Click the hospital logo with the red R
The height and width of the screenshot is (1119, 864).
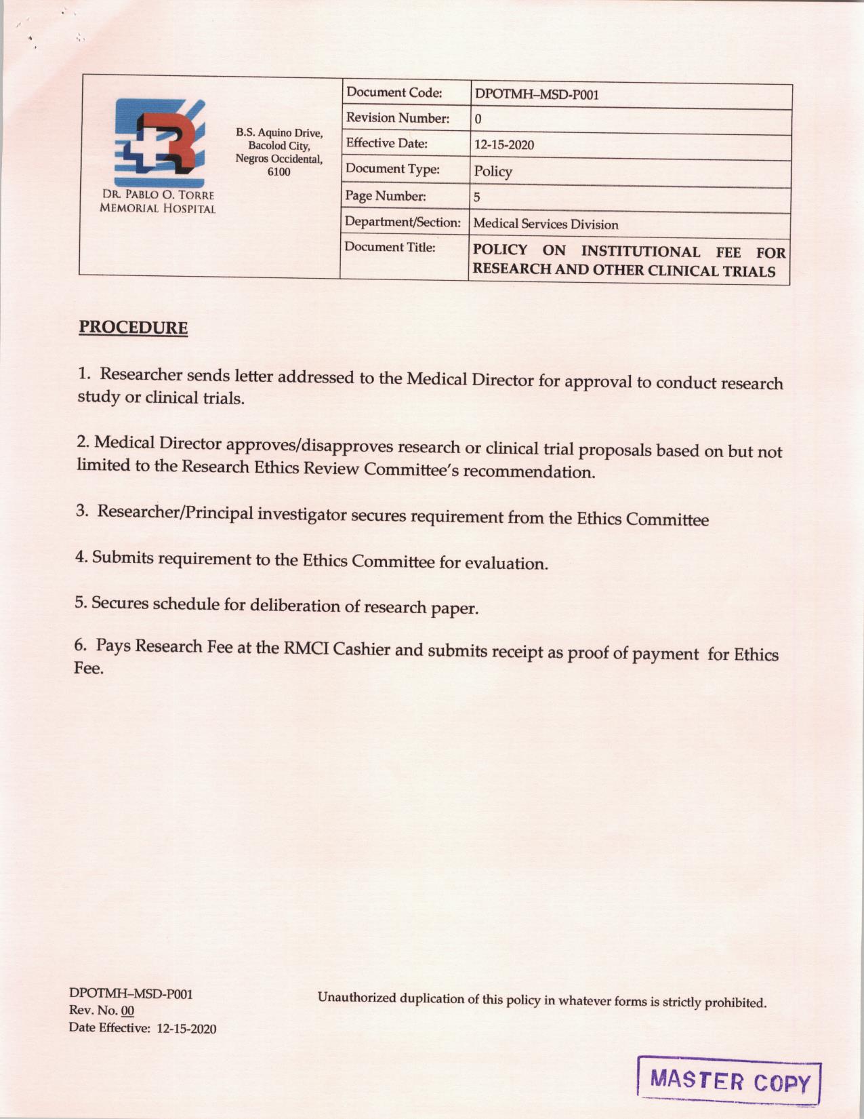(159, 142)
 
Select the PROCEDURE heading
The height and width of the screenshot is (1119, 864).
(133, 328)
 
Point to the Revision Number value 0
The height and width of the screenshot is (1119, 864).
(478, 119)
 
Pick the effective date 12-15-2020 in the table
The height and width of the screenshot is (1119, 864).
(504, 145)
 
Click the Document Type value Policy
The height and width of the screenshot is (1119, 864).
(493, 171)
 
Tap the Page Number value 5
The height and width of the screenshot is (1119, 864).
(477, 197)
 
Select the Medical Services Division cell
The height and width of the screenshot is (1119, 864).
(546, 224)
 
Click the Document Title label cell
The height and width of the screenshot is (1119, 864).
(390, 247)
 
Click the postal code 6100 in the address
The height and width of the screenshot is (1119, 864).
(279, 172)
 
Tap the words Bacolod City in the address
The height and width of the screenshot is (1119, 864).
(279, 145)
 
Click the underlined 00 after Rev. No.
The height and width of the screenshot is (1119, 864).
(127, 1010)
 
